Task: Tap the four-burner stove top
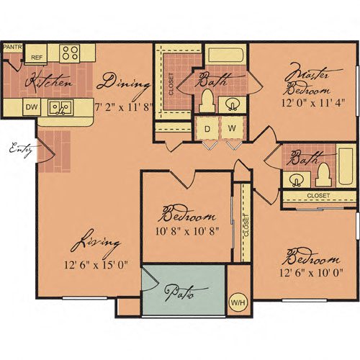(70, 53)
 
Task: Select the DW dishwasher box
(32, 107)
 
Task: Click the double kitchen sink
(60, 108)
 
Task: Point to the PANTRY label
(13, 47)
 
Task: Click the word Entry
(21, 150)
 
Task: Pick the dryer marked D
(207, 128)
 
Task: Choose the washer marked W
(233, 128)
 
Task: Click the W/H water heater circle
(238, 302)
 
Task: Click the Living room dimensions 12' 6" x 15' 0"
(96, 265)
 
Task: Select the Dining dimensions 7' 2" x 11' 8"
(124, 107)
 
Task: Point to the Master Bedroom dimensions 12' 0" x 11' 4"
(313, 103)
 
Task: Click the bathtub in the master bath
(226, 55)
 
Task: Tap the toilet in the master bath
(207, 101)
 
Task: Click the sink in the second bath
(297, 180)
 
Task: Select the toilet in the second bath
(323, 174)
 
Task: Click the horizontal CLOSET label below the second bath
(318, 196)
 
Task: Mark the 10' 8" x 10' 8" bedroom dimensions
(187, 231)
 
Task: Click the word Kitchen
(48, 81)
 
